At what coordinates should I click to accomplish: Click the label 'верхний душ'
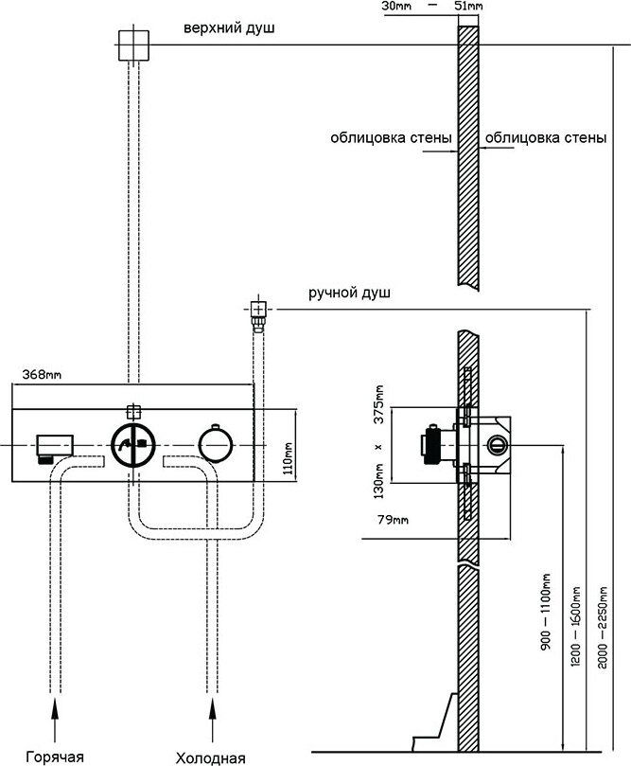(x=230, y=29)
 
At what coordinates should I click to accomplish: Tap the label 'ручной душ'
(x=349, y=293)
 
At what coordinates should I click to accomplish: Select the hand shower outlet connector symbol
(x=255, y=309)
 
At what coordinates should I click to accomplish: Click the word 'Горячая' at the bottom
(x=55, y=757)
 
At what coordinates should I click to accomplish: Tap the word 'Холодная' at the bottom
(x=211, y=757)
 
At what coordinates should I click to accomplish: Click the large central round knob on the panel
(x=132, y=446)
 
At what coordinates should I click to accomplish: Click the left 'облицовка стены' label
(x=391, y=137)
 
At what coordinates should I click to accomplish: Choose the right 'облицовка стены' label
(x=546, y=137)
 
